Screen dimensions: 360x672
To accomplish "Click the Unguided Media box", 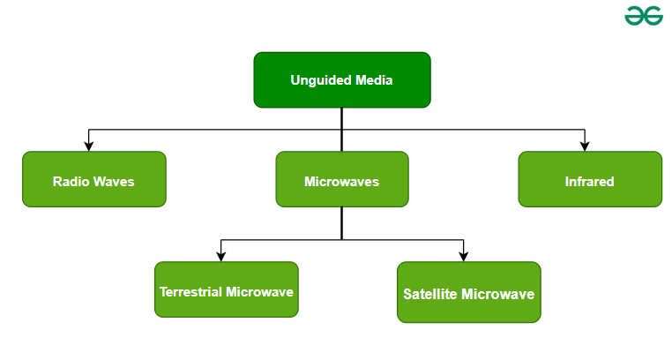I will pos(341,80).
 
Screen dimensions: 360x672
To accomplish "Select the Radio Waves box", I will pos(93,179).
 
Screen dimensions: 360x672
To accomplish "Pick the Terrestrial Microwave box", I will pos(227,289).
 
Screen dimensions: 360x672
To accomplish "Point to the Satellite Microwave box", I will pos(468,292).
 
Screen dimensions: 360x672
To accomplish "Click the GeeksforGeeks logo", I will pos(644,16).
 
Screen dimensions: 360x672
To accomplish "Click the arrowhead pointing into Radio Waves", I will pos(88,146).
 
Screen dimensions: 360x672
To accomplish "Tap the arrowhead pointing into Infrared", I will pos(585,146).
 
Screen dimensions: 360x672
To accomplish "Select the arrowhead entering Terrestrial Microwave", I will pos(221,256).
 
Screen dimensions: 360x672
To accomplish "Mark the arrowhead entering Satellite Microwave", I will pos(463,256).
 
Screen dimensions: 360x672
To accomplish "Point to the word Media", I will pos(374,80).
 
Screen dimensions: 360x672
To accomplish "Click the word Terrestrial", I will pos(190,291).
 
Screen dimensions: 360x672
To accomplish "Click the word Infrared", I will pos(589,182).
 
